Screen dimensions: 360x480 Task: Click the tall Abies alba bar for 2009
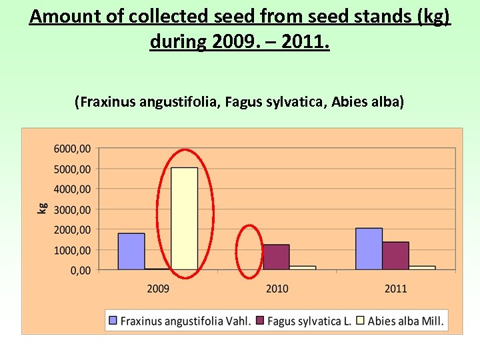(185, 219)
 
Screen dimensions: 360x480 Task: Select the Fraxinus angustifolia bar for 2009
(131, 251)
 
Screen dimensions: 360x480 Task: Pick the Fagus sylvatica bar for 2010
(277, 257)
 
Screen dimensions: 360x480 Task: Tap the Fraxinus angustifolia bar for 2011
(369, 249)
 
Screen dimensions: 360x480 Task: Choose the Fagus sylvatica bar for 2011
(395, 256)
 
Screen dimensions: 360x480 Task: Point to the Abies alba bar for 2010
(303, 267)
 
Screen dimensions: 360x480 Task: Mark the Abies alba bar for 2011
(422, 267)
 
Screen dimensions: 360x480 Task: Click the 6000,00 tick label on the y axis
(73, 149)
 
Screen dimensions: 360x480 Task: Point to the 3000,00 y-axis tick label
(73, 209)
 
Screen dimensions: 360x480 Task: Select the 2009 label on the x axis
(158, 289)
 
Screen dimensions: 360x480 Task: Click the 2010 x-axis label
(277, 289)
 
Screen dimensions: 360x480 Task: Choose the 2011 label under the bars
(395, 289)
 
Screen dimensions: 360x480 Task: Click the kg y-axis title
(42, 209)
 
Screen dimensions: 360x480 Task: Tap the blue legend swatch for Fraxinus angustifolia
(113, 321)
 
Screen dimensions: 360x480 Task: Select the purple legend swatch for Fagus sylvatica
(261, 321)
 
